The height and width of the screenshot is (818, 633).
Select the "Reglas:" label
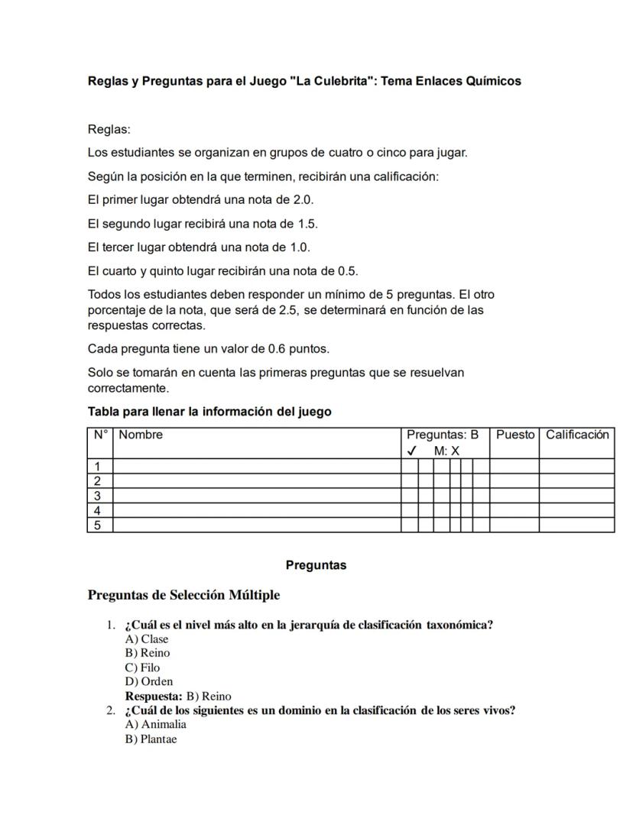click(x=109, y=130)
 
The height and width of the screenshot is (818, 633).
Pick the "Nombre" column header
click(x=141, y=435)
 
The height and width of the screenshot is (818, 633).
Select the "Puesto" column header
click(x=515, y=435)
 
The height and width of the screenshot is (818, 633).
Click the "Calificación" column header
click(x=577, y=435)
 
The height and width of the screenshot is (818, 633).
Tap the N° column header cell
click(x=100, y=435)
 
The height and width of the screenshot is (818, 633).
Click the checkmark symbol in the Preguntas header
click(x=412, y=451)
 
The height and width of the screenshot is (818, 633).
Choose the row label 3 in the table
click(x=98, y=496)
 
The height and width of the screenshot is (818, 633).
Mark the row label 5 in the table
click(x=98, y=525)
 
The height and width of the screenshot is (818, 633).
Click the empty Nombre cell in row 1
click(x=256, y=467)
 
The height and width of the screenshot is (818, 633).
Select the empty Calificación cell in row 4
click(x=576, y=510)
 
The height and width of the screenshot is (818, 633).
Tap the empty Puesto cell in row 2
click(x=514, y=481)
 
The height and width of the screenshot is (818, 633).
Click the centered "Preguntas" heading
click(x=316, y=566)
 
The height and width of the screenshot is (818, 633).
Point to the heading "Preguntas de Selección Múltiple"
click(x=183, y=595)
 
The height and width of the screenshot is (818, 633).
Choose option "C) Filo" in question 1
click(x=142, y=668)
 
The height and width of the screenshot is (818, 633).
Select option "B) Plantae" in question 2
click(x=151, y=739)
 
